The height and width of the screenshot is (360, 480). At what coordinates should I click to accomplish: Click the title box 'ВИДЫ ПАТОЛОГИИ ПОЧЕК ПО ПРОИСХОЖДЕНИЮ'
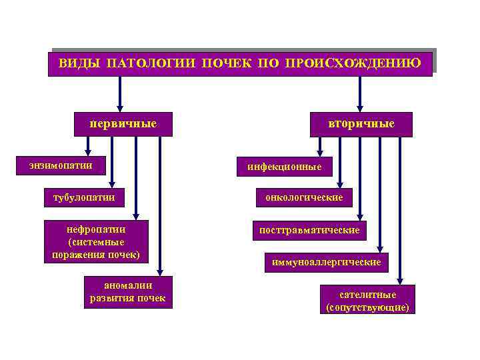(x=240, y=64)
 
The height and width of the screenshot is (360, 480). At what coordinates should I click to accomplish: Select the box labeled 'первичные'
(x=123, y=124)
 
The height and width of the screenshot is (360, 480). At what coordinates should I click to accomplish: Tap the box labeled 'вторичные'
(x=361, y=124)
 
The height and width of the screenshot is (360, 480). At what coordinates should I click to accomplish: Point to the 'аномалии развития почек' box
(x=128, y=292)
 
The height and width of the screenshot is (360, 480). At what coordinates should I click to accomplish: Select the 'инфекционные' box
(x=284, y=167)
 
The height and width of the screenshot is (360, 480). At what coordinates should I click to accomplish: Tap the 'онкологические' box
(x=304, y=197)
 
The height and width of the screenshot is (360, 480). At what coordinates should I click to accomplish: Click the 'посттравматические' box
(x=309, y=230)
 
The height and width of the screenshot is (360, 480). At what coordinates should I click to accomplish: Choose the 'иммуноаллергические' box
(x=326, y=263)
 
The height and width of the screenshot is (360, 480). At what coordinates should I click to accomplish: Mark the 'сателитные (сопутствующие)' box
(x=367, y=300)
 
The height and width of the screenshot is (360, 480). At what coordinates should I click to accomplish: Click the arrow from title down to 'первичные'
(x=120, y=93)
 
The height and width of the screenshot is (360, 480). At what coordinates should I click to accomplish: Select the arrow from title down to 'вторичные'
(x=360, y=93)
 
